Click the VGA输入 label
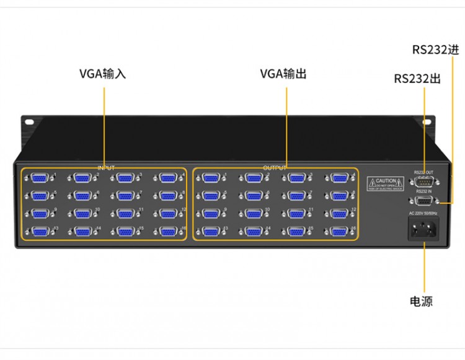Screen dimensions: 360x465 click(102, 74)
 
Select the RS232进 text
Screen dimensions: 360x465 click(436, 49)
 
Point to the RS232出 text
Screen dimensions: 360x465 click(417, 79)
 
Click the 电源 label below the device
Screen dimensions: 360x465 click(421, 301)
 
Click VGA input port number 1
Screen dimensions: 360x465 click(39, 178)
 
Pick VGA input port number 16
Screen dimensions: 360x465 click(166, 232)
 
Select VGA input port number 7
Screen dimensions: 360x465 click(123, 196)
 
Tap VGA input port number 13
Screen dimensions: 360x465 click(39, 232)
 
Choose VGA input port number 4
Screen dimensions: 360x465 click(166, 178)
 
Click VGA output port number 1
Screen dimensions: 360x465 click(211, 178)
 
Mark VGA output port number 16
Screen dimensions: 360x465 click(338, 232)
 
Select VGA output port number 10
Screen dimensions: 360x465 click(253, 214)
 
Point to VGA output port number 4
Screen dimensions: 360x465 click(338, 178)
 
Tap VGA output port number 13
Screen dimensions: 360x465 click(211, 232)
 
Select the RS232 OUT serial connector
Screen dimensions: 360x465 click(424, 182)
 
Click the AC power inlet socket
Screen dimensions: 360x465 click(422, 230)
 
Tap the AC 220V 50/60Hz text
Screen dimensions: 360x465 click(422, 214)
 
